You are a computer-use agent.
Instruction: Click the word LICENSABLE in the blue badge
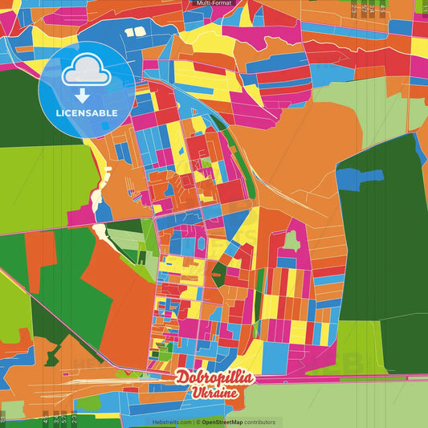87,112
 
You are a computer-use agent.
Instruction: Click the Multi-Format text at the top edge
214,3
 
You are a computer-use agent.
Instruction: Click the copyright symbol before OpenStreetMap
198,422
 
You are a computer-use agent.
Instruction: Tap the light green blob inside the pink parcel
291,238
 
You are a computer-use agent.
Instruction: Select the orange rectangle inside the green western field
39,250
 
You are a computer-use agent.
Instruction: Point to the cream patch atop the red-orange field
101,233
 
